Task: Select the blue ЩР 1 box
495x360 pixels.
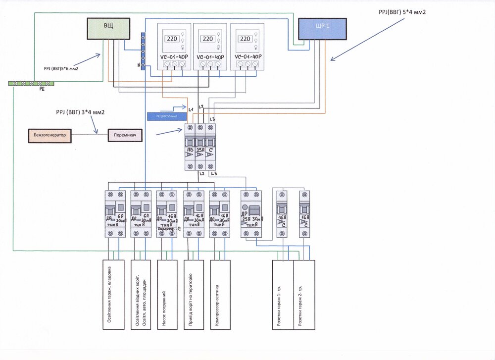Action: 322,29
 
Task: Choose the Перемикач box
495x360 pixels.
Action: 125,134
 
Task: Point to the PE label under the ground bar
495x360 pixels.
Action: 42,90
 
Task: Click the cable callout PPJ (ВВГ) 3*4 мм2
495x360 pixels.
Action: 77,113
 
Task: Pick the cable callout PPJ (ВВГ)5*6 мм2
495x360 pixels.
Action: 57,69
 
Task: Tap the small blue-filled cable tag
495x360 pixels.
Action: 168,116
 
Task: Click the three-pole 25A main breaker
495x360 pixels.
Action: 200,147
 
